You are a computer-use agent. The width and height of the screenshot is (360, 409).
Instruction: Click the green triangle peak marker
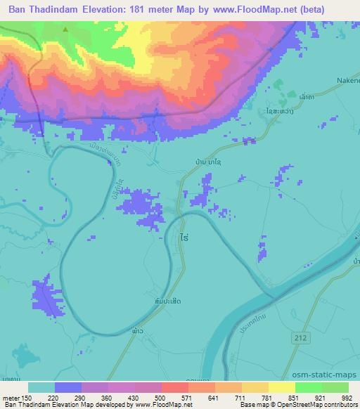point(65,30)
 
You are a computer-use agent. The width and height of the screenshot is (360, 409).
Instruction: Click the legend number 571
point(175,397)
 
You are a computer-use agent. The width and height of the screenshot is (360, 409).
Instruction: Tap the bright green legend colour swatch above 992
point(335,387)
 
